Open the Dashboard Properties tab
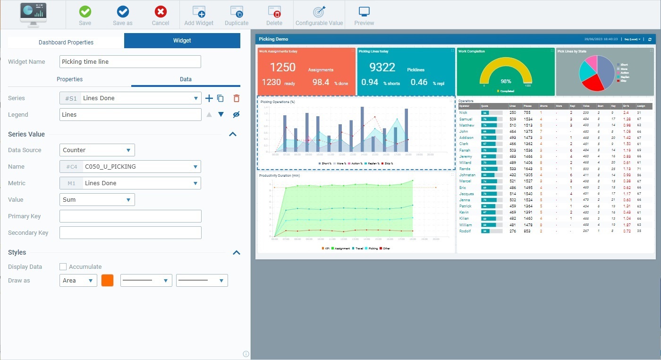pyautogui.click(x=66, y=42)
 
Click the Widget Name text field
pyautogui.click(x=130, y=61)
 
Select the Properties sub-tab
pyautogui.click(x=69, y=79)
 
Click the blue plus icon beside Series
pyautogui.click(x=209, y=98)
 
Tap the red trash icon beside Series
pyautogui.click(x=237, y=98)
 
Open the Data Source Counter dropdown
pyautogui.click(x=97, y=150)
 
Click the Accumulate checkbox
pyautogui.click(x=63, y=267)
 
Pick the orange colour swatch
pyautogui.click(x=107, y=281)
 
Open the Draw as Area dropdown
pyautogui.click(x=78, y=281)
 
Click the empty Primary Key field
pyautogui.click(x=130, y=216)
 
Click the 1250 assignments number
pyautogui.click(x=282, y=67)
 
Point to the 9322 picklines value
pyautogui.click(x=382, y=67)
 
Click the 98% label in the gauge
pyautogui.click(x=506, y=81)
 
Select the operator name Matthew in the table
pyautogui.click(x=466, y=125)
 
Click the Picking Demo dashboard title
pyautogui.click(x=273, y=39)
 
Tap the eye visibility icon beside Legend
pyautogui.click(x=237, y=115)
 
